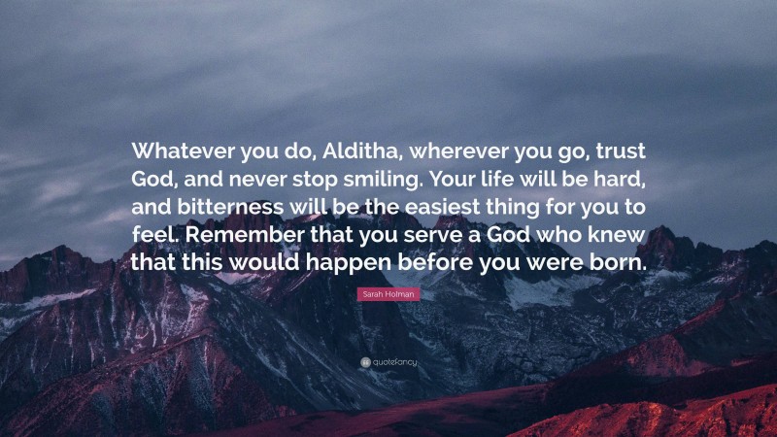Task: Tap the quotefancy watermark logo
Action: tap(388, 362)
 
